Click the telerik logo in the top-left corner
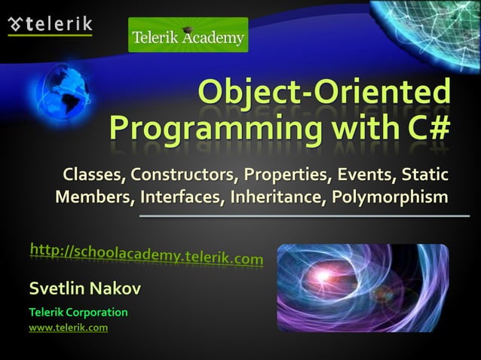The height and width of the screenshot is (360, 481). [x=50, y=24]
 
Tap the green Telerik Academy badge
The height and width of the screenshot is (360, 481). [x=188, y=35]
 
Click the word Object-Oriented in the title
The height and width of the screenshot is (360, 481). [x=324, y=93]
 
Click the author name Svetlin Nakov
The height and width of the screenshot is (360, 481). [x=84, y=288]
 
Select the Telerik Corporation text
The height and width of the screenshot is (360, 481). [x=78, y=312]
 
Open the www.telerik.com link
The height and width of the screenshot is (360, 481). [x=68, y=328]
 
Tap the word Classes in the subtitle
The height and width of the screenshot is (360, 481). [x=94, y=175]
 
